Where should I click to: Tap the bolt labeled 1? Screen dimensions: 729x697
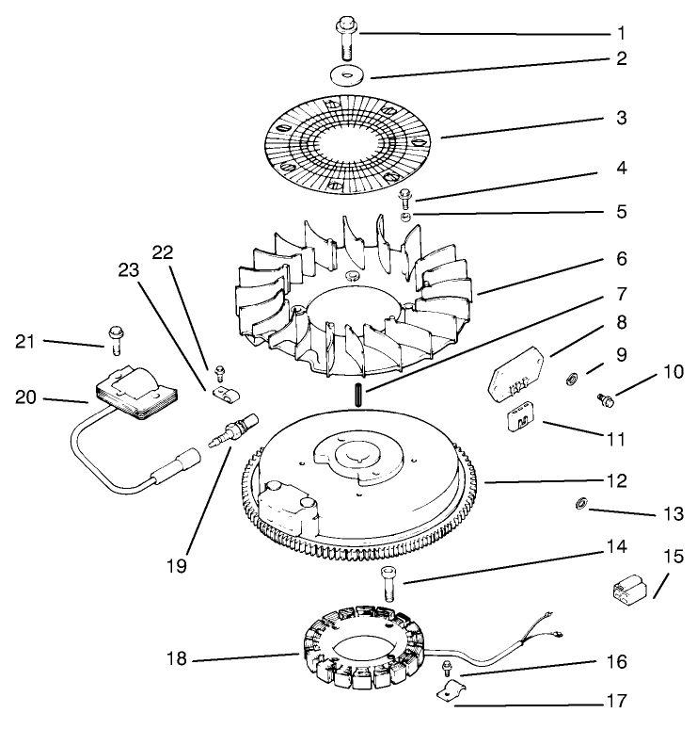342,42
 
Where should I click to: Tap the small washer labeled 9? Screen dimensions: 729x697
572,380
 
